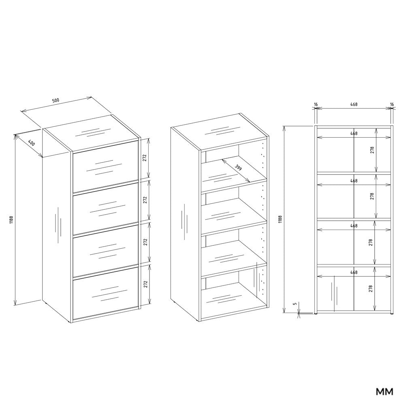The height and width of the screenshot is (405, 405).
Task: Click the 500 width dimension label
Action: point(56,100)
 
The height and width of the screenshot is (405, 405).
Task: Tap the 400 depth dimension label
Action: point(31,143)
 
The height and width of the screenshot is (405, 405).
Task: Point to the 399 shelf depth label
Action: point(238,167)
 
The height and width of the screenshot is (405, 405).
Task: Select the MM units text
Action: point(385,392)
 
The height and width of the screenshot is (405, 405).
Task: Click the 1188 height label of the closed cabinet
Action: point(12,220)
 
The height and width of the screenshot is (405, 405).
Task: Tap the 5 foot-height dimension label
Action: point(295,304)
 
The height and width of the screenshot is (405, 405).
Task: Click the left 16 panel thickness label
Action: point(315,104)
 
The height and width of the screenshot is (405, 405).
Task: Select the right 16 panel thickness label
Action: point(392,104)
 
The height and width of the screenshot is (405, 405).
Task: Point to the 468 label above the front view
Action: point(354,104)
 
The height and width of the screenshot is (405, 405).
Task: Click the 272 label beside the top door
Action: point(145,158)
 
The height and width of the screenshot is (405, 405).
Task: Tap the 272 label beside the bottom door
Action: point(145,284)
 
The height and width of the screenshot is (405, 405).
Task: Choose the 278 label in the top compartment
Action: point(372,150)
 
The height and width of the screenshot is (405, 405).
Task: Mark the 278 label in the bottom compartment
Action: point(371,288)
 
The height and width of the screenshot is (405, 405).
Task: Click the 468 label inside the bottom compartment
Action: point(354,272)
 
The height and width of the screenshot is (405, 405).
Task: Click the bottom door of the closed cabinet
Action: point(105,293)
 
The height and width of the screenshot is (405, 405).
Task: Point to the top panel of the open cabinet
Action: point(220,132)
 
